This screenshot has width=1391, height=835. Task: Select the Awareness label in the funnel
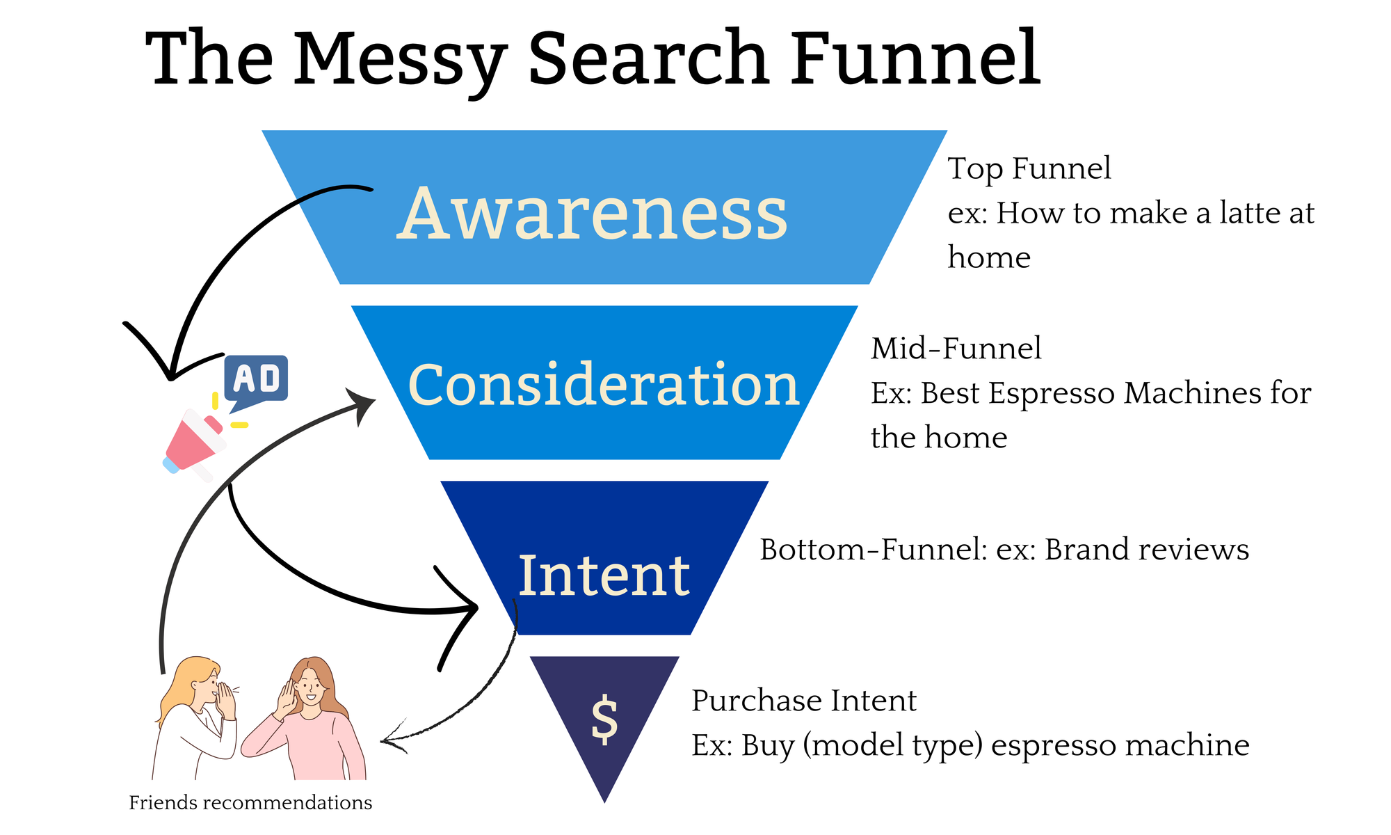pos(593,214)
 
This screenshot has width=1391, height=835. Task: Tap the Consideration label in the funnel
pos(604,385)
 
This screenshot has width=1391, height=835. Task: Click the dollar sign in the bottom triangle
pos(604,719)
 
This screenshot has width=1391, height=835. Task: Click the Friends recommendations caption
pos(250,803)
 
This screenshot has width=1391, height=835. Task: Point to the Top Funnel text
pos(1029,168)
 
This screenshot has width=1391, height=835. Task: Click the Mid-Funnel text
pos(956,348)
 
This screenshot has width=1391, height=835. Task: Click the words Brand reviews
pos(1147,550)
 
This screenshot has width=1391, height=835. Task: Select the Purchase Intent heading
pos(804,701)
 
